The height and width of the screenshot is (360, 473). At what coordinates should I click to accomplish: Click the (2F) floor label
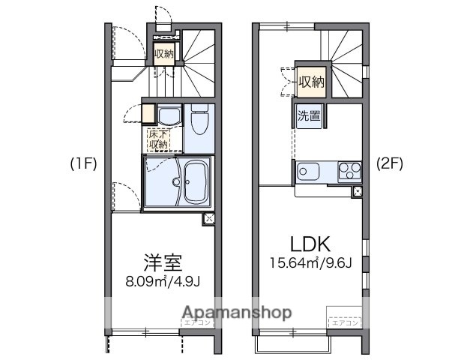pos(390,164)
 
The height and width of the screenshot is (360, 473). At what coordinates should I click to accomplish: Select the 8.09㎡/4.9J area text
pos(163,283)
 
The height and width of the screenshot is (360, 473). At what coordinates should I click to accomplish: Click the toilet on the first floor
pos(199,121)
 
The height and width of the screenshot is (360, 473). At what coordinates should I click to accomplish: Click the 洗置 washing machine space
pos(308,116)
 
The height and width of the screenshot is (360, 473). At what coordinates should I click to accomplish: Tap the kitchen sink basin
pos(307,171)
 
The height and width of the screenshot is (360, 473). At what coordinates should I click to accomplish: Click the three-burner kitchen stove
pos(347,171)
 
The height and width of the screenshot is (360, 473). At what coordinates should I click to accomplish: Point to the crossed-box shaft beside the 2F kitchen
pos(357,191)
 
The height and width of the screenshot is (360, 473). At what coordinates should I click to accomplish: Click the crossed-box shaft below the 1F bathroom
pos(208,219)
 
